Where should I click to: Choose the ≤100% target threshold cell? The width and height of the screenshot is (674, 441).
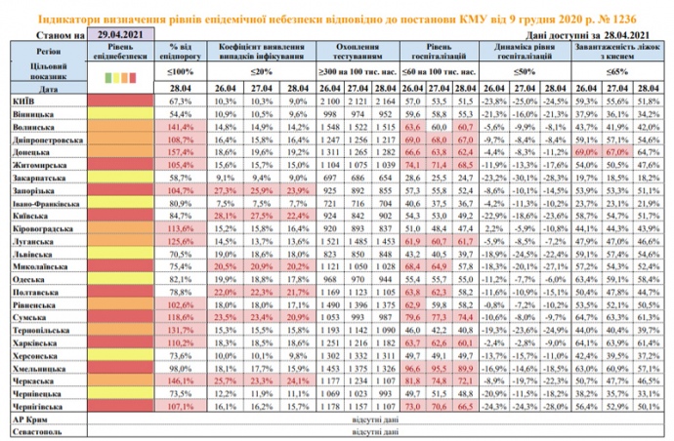tap(183, 72)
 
